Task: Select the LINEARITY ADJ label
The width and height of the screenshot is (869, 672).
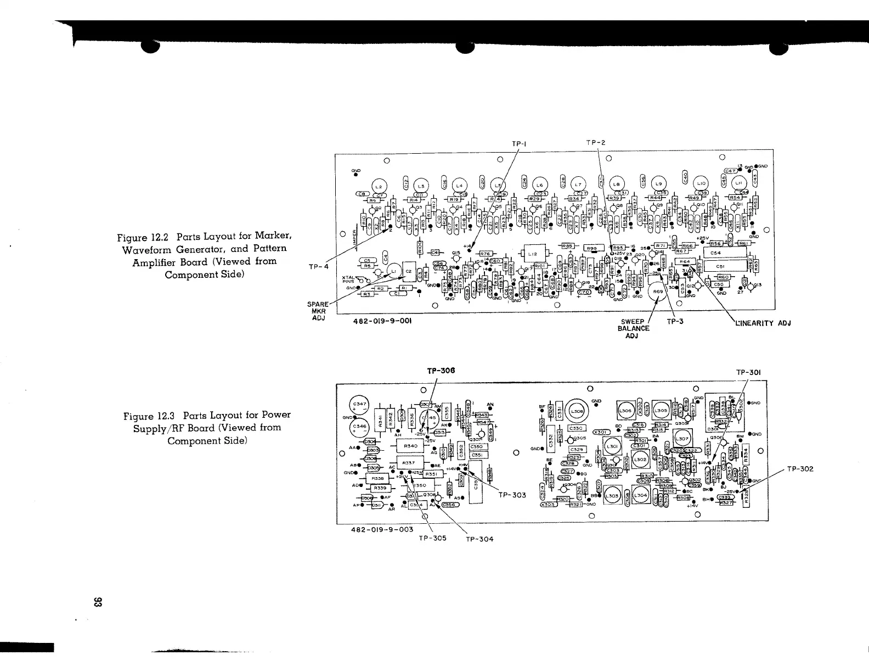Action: pos(763,322)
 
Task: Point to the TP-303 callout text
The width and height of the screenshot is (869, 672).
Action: pos(512,495)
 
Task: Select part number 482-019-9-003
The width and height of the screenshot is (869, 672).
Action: pos(382,530)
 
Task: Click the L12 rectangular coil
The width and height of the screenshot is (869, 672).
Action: pos(534,254)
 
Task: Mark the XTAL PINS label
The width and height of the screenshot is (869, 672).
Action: pos(348,280)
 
